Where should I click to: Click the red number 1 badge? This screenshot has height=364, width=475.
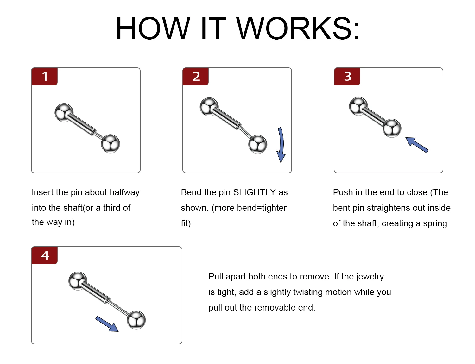[x=44, y=77]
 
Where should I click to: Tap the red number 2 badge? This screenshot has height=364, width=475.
[x=196, y=77]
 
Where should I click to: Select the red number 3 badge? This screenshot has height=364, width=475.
[x=347, y=77]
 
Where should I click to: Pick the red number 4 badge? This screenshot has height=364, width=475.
[x=44, y=255]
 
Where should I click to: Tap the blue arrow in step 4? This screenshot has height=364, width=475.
[x=107, y=324]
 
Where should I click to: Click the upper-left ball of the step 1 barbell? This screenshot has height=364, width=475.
[x=64, y=112]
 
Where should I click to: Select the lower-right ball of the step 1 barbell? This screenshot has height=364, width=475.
[x=110, y=144]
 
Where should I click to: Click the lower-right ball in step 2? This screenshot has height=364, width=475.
[x=258, y=144]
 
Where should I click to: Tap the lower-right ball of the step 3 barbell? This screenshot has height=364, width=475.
[x=392, y=128]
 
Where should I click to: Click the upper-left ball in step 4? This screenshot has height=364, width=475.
[x=78, y=281]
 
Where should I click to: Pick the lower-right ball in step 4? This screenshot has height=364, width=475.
[x=136, y=320]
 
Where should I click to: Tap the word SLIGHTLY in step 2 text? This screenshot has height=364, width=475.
[x=255, y=192]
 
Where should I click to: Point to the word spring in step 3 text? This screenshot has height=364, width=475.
[x=435, y=224]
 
